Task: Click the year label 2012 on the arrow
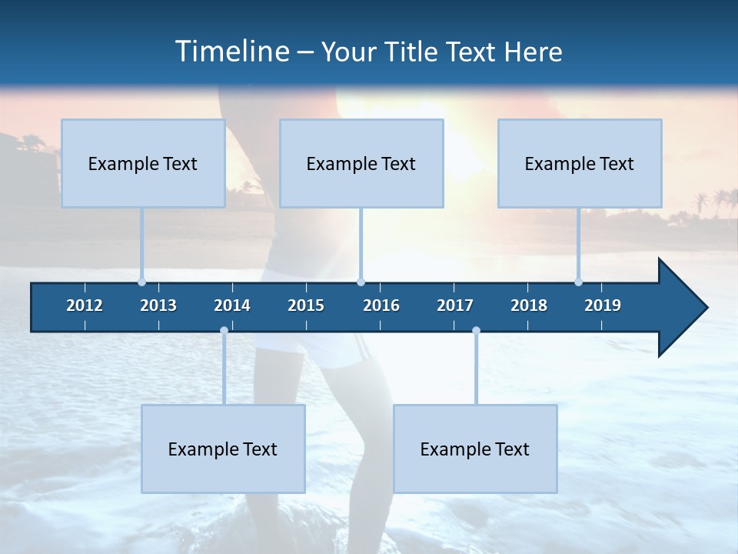pyautogui.click(x=85, y=305)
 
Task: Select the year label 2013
pyautogui.click(x=158, y=305)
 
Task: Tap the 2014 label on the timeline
pyautogui.click(x=232, y=305)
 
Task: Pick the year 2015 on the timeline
pyautogui.click(x=306, y=305)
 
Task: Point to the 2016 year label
pyautogui.click(x=381, y=305)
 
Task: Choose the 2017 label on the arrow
pyautogui.click(x=455, y=305)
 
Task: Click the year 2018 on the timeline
pyautogui.click(x=529, y=305)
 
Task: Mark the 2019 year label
pyautogui.click(x=603, y=305)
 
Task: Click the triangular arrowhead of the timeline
pyautogui.click(x=681, y=308)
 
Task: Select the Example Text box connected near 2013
pyautogui.click(x=143, y=163)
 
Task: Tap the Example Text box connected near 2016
pyautogui.click(x=361, y=163)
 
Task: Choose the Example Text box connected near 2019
pyautogui.click(x=580, y=163)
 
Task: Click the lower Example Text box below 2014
pyautogui.click(x=223, y=449)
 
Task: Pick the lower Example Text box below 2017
pyautogui.click(x=475, y=449)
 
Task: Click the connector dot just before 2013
pyautogui.click(x=141, y=282)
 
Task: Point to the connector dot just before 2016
pyautogui.click(x=361, y=282)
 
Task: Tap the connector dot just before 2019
pyautogui.click(x=578, y=282)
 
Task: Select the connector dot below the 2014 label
pyautogui.click(x=224, y=331)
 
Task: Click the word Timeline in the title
pyautogui.click(x=231, y=52)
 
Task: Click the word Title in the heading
pyautogui.click(x=414, y=52)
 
